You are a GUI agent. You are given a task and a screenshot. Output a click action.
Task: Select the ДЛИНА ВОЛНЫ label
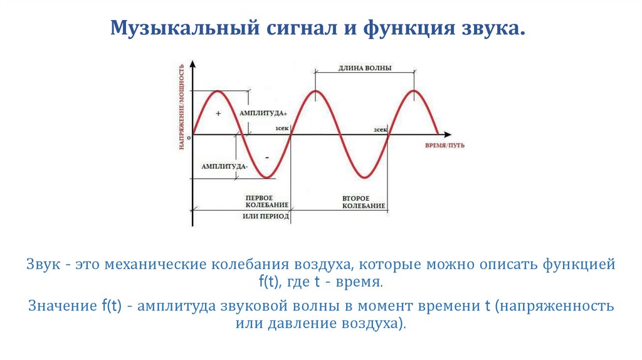click(365, 68)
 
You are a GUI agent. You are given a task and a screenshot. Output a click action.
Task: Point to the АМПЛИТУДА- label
click(224, 167)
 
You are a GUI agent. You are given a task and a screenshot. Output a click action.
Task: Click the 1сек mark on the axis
click(282, 129)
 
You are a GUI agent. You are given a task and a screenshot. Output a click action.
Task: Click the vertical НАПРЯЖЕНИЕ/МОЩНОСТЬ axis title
click(181, 107)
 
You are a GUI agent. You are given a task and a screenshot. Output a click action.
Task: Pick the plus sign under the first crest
click(218, 114)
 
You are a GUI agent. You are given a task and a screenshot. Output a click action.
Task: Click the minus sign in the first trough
click(266, 157)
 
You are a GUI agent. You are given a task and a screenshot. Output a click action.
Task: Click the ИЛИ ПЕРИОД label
click(266, 216)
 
